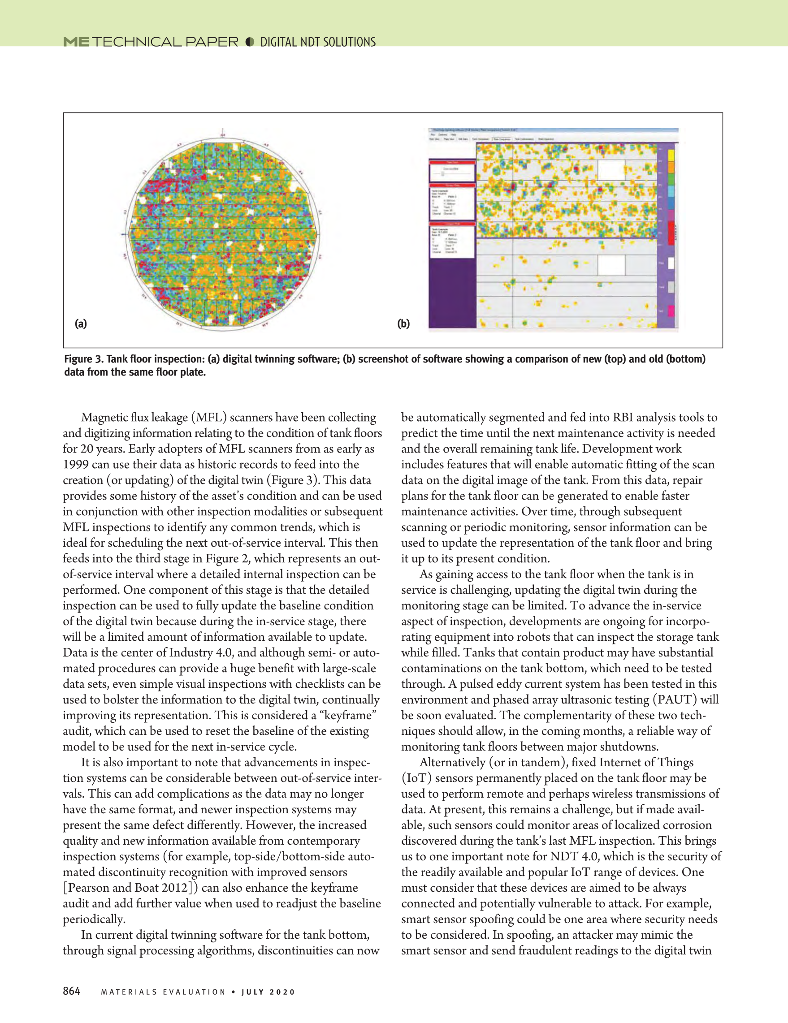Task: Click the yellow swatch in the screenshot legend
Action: click(671, 155)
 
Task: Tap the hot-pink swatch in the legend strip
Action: click(671, 311)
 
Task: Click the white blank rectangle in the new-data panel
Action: click(611, 170)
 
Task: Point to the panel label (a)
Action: click(81, 324)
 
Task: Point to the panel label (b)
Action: click(403, 324)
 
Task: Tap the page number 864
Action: click(72, 991)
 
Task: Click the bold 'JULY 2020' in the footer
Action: click(268, 992)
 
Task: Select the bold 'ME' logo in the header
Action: click(76, 42)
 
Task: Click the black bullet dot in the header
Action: click(250, 42)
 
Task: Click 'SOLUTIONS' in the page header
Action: click(348, 42)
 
